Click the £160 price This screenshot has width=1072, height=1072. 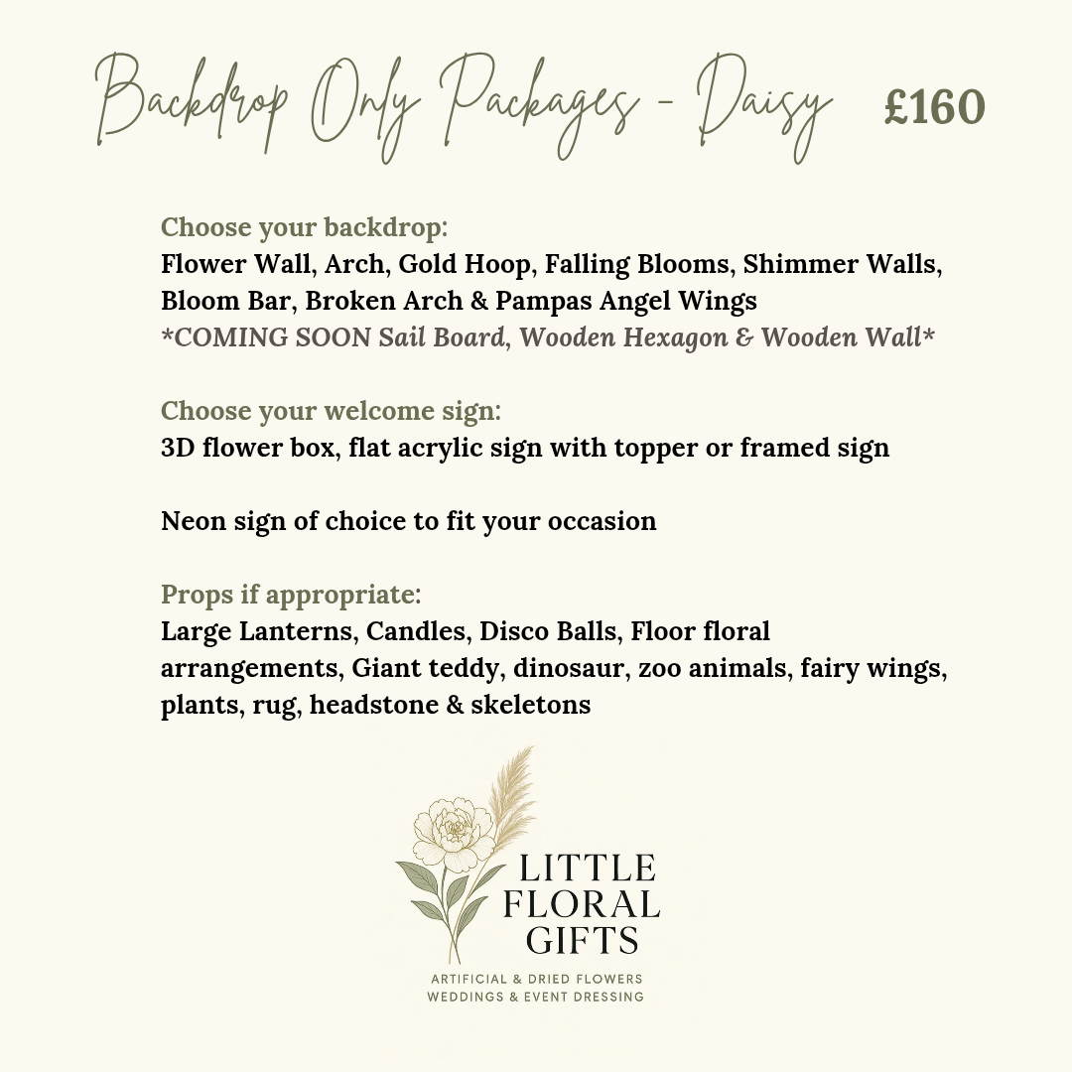[x=934, y=108]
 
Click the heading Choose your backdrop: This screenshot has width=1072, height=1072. [x=305, y=227]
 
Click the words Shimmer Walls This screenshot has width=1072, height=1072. [x=842, y=265]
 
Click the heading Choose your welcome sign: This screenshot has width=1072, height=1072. [x=332, y=411]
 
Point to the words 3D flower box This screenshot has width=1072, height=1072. [x=252, y=448]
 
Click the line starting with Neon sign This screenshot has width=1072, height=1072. [x=408, y=521]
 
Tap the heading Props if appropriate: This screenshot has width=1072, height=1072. [x=291, y=595]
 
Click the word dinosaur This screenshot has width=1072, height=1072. [x=570, y=668]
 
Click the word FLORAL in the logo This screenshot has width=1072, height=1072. [x=583, y=904]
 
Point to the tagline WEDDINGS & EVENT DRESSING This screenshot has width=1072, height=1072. [x=535, y=997]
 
